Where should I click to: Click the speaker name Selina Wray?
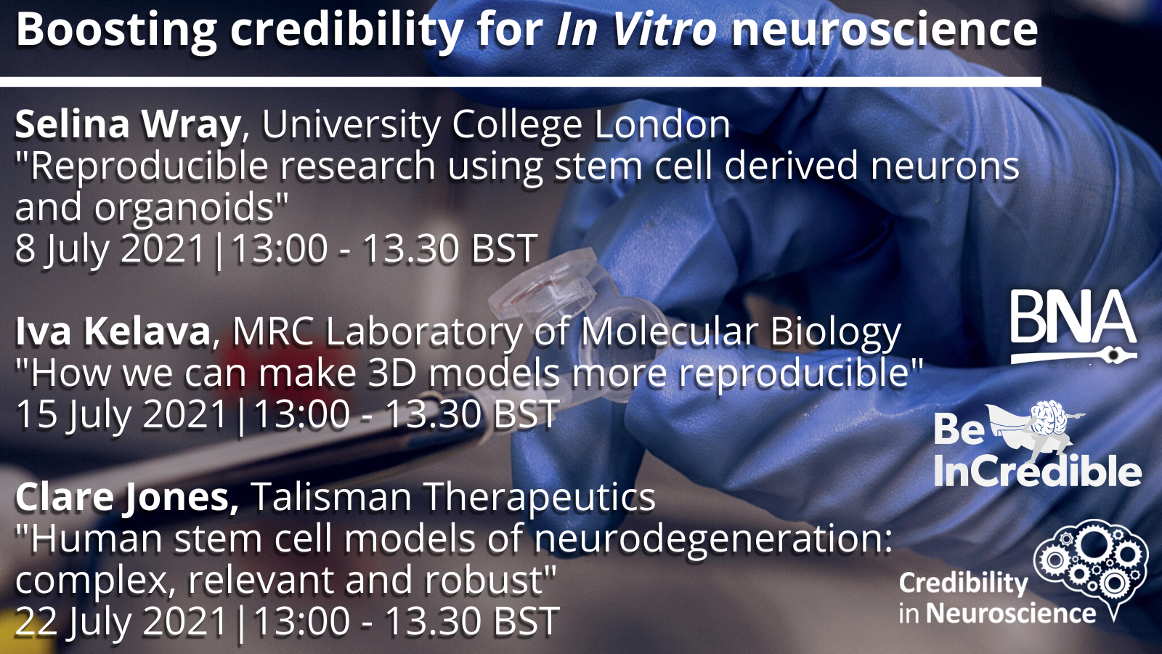click(x=128, y=124)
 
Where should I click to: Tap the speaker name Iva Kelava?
click(x=113, y=331)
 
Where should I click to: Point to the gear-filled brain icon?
click(x=1092, y=564)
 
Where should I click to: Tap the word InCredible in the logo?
click(x=1038, y=472)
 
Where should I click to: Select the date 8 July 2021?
click(x=110, y=249)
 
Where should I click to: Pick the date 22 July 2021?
click(x=121, y=621)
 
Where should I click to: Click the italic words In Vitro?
click(x=636, y=30)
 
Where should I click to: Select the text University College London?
click(x=496, y=124)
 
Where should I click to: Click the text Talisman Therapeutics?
click(x=453, y=497)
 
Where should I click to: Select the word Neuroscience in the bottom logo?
click(x=1011, y=613)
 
